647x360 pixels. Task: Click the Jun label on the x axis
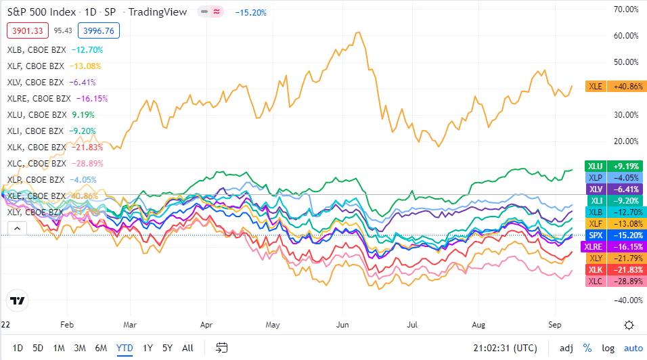coord(344,324)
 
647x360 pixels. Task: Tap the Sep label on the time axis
coord(554,324)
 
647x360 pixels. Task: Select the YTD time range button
coord(125,348)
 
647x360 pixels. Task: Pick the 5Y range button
coord(167,348)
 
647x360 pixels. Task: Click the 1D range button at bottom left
coord(18,348)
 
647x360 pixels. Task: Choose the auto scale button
coord(633,348)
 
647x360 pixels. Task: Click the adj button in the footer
coord(566,348)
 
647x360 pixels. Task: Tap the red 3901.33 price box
coord(26,30)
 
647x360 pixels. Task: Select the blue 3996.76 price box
coord(99,30)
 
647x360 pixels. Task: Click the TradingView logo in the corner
coord(17,300)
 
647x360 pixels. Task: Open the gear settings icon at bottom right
coord(629,324)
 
